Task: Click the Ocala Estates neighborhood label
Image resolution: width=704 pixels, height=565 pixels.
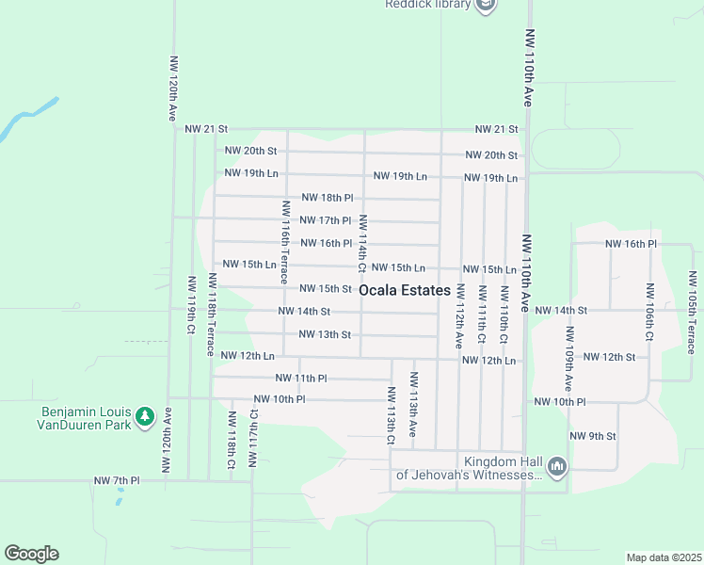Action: click(404, 290)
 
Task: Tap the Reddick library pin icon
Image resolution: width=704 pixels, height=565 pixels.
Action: click(486, 6)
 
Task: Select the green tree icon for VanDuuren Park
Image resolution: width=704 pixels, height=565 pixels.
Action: click(144, 415)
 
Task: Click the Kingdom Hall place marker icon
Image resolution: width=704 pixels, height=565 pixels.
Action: click(557, 465)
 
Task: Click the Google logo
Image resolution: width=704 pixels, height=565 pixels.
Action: click(31, 554)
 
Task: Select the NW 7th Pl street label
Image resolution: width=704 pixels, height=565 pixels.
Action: click(117, 481)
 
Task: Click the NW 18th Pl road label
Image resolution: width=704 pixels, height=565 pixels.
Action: click(327, 198)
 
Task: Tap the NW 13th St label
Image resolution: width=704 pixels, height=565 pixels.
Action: click(325, 334)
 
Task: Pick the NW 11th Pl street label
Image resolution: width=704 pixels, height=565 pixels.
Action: click(300, 378)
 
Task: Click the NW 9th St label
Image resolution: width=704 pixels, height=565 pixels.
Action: click(593, 436)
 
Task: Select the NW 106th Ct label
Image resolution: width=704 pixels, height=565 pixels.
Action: click(649, 312)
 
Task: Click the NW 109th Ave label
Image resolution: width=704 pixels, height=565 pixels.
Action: click(568, 360)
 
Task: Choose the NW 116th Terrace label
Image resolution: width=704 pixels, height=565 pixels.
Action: click(282, 242)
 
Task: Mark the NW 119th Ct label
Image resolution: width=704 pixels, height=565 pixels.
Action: click(191, 305)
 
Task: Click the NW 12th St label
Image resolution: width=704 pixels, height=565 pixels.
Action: click(610, 357)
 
